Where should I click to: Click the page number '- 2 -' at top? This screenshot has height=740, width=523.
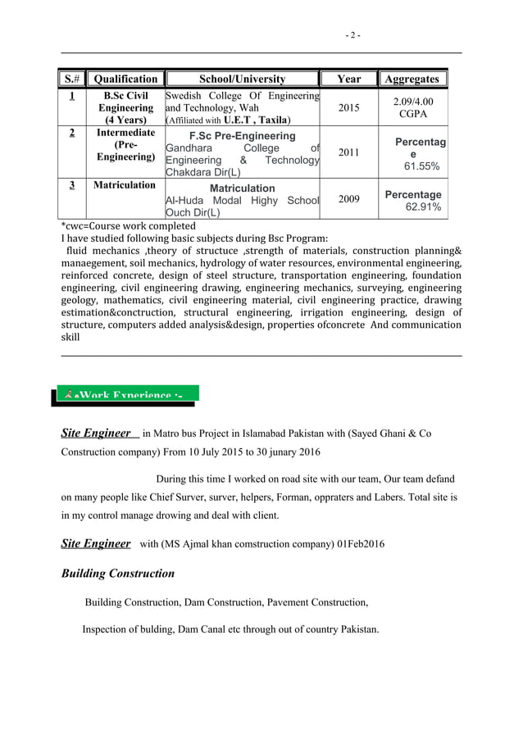coord(352,35)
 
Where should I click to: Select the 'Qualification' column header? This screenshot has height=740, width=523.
coord(125,79)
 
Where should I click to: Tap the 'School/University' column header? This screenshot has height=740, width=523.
coord(243,79)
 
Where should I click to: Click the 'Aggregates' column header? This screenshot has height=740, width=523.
coord(412,79)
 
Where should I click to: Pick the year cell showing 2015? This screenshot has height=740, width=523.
coord(348,107)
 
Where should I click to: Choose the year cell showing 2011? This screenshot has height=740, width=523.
coord(348,152)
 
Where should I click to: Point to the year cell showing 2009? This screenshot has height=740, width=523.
coord(348,198)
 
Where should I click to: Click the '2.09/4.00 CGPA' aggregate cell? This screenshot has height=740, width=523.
coord(412,107)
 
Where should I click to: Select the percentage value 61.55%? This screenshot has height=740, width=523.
coord(421,166)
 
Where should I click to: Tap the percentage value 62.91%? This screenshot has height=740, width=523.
coord(423,207)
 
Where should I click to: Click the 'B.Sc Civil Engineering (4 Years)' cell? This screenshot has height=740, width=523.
coord(125,107)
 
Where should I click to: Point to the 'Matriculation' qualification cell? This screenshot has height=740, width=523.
coord(125,185)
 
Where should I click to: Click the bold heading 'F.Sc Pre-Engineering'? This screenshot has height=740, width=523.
coord(242,135)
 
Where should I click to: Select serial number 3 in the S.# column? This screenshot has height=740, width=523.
coord(72,185)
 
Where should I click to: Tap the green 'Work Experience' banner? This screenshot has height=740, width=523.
coord(126,396)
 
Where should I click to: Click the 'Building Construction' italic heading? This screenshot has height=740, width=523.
coord(118,574)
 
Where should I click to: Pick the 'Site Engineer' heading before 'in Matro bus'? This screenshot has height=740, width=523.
coord(96,433)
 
